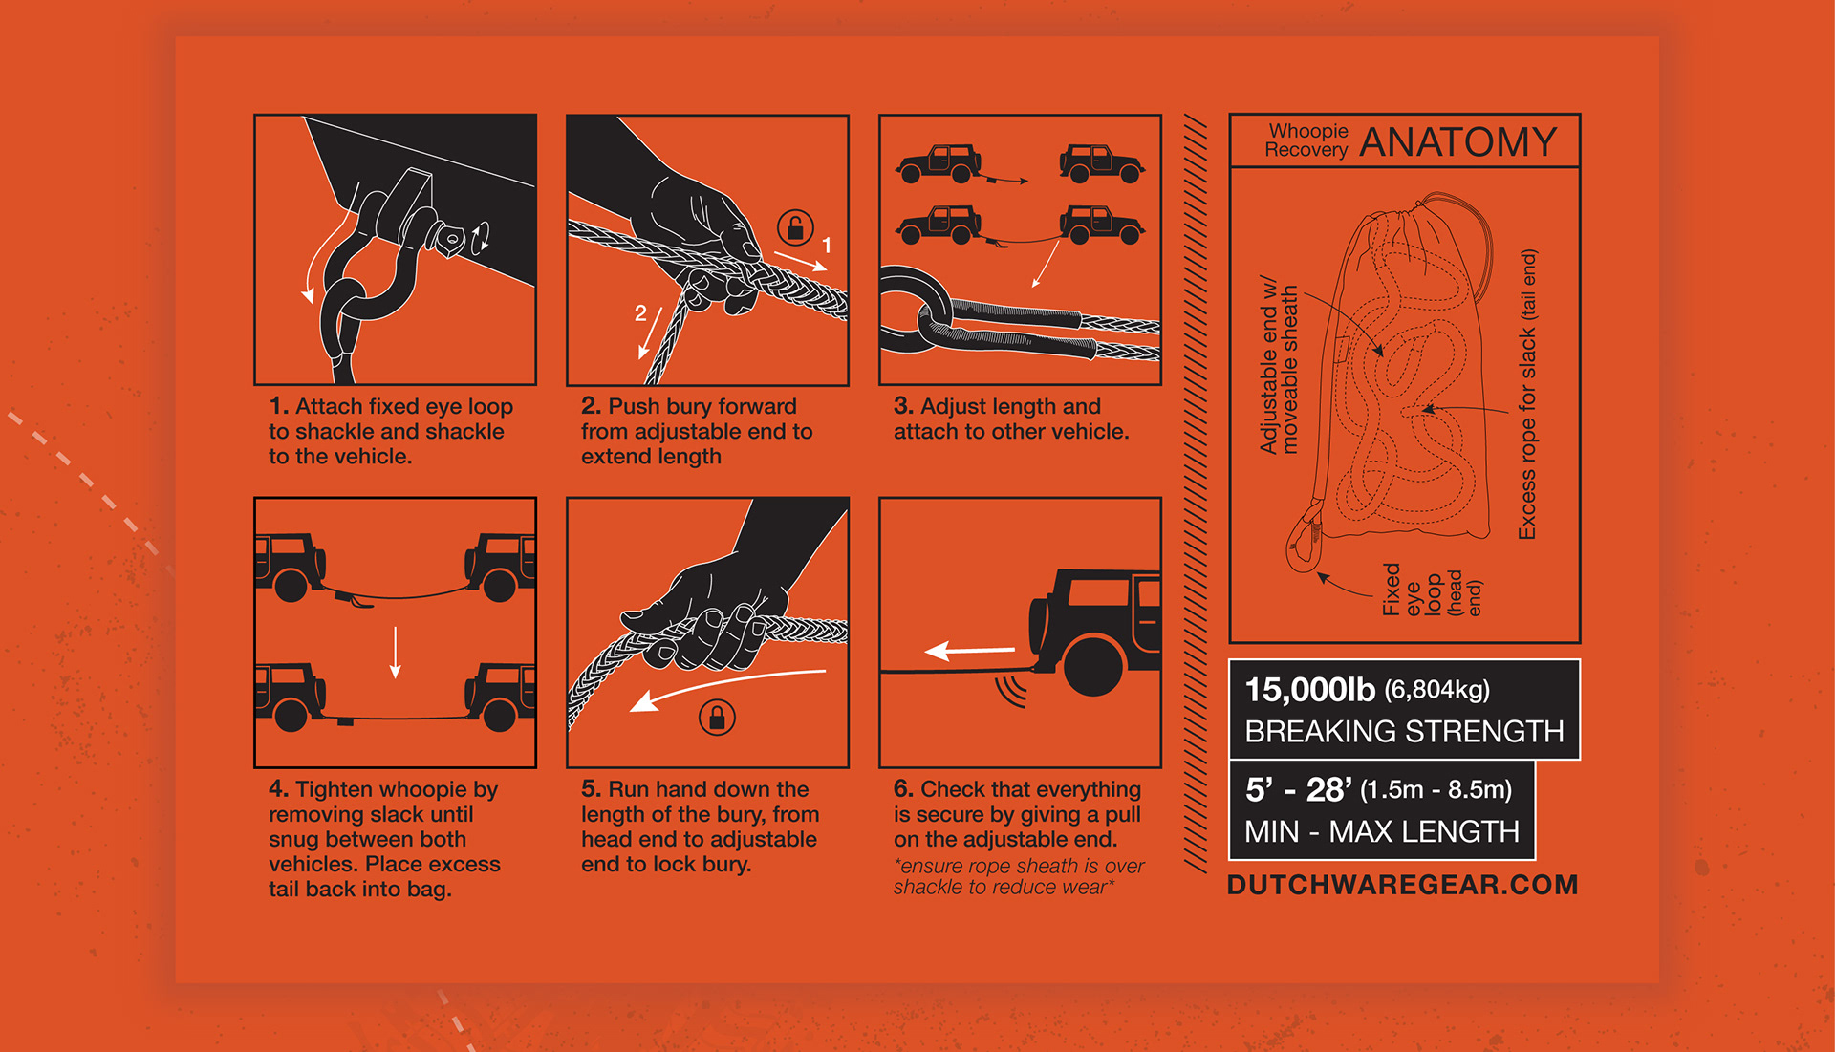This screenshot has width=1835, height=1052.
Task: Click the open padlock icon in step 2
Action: [x=795, y=227]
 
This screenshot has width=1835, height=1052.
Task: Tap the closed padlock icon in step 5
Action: [x=717, y=717]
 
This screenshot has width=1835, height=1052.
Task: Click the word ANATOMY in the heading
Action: [x=1457, y=142]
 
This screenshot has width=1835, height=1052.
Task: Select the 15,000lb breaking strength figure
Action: [x=1309, y=689]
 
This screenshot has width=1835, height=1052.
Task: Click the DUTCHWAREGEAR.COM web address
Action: [x=1402, y=885]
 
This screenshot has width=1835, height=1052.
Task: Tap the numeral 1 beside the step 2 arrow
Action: [x=827, y=245]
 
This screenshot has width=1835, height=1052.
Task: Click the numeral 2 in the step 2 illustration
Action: [x=640, y=312]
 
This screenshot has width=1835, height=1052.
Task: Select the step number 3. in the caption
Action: [x=903, y=406]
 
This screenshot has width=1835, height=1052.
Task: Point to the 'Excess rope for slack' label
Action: [x=1527, y=394]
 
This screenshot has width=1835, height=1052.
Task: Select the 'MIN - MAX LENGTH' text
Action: [x=1381, y=831]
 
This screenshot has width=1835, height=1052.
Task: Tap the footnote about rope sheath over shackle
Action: [x=1018, y=876]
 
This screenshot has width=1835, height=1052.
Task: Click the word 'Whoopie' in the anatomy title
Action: [x=1308, y=131]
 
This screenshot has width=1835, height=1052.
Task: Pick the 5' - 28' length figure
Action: [x=1298, y=789]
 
